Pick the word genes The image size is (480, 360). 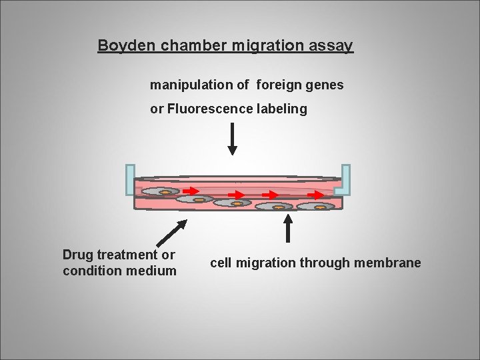click(323, 85)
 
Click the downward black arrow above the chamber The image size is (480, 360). click(233, 139)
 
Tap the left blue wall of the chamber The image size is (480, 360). click(129, 179)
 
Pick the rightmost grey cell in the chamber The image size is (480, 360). click(316, 207)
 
